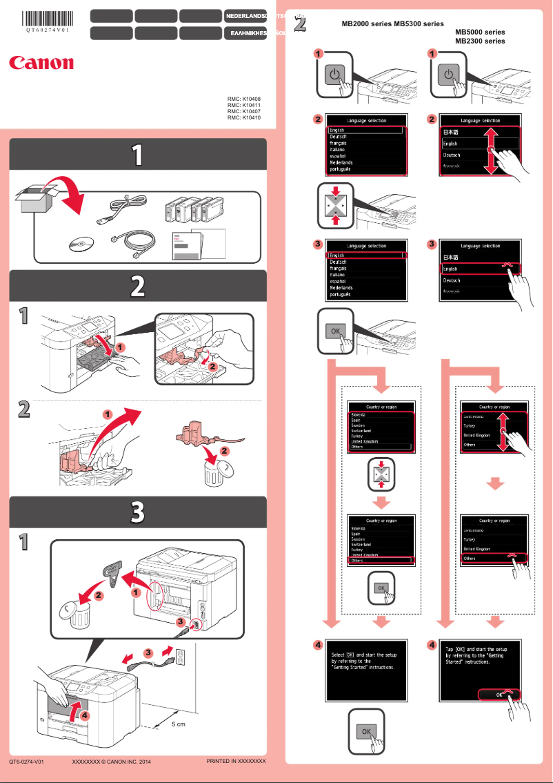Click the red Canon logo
click(41, 63)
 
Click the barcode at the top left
click(48, 18)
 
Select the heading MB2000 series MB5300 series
click(392, 23)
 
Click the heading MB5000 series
click(480, 32)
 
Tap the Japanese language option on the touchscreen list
click(450, 131)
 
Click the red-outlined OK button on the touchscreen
click(498, 695)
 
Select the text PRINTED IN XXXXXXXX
click(236, 761)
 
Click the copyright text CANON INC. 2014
click(111, 762)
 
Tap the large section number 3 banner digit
click(138, 512)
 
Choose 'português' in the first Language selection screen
click(340, 169)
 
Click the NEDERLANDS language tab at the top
click(245, 15)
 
